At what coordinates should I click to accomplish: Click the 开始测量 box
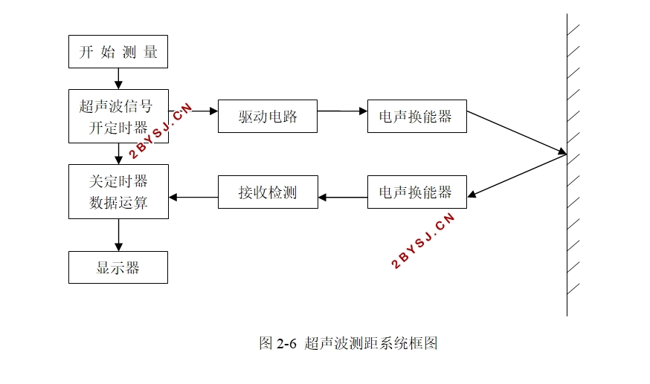tap(118, 52)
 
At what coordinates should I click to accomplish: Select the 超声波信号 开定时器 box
tap(118, 117)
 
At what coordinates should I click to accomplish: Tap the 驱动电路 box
tap(268, 117)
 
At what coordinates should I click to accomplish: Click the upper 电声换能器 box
tap(417, 117)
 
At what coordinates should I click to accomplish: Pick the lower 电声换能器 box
tap(417, 192)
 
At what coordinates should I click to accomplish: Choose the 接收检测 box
tap(268, 192)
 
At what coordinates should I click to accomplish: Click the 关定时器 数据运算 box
tap(118, 192)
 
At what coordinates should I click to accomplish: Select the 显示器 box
tap(118, 267)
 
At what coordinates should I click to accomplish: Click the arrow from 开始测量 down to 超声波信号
tap(118, 79)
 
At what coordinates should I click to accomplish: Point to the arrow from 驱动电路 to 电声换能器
tap(342, 111)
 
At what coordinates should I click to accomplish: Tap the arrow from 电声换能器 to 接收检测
tap(343, 198)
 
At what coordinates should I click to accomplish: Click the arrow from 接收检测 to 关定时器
tap(193, 198)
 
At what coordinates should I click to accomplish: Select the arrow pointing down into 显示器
tap(118, 235)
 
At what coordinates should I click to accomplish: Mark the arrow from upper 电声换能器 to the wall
tap(517, 132)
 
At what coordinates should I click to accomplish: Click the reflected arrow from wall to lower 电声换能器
tap(517, 175)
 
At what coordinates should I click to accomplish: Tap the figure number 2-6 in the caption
tap(287, 343)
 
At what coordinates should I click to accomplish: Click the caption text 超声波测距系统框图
tap(371, 343)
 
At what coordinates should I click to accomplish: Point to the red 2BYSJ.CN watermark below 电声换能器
tap(423, 241)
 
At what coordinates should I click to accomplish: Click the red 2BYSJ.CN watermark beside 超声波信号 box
tap(161, 131)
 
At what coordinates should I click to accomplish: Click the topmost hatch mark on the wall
tap(573, 30)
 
